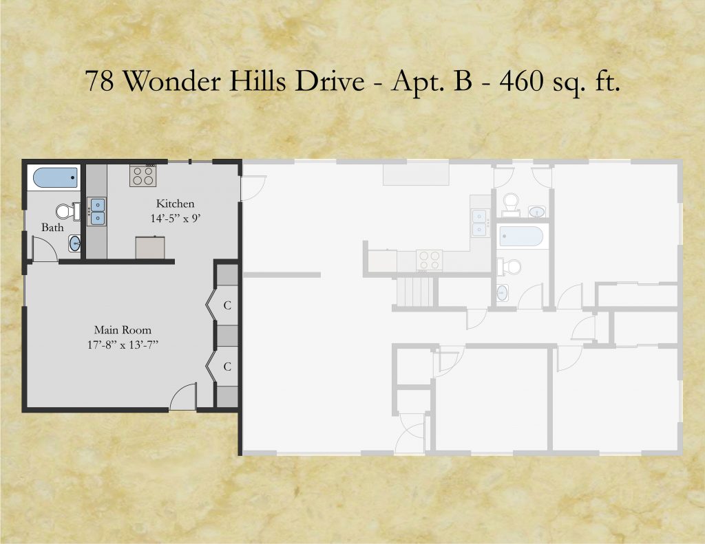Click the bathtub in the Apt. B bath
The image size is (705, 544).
(x=56, y=178)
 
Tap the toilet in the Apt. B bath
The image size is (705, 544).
(x=67, y=211)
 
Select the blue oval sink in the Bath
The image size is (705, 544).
(x=74, y=243)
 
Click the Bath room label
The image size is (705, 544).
(x=52, y=228)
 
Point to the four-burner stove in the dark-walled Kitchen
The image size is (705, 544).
(x=143, y=175)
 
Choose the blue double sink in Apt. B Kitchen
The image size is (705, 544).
(x=97, y=212)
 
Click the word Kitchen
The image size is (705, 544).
(x=175, y=204)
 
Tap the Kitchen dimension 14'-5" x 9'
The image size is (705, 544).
(x=175, y=219)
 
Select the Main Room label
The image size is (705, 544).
(x=123, y=330)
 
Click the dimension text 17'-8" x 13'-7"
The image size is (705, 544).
(x=123, y=345)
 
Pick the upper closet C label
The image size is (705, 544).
(x=227, y=305)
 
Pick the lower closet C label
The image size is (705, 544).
(x=227, y=367)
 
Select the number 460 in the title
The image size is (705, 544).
(x=520, y=81)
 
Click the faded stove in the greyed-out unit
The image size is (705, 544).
(x=429, y=260)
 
